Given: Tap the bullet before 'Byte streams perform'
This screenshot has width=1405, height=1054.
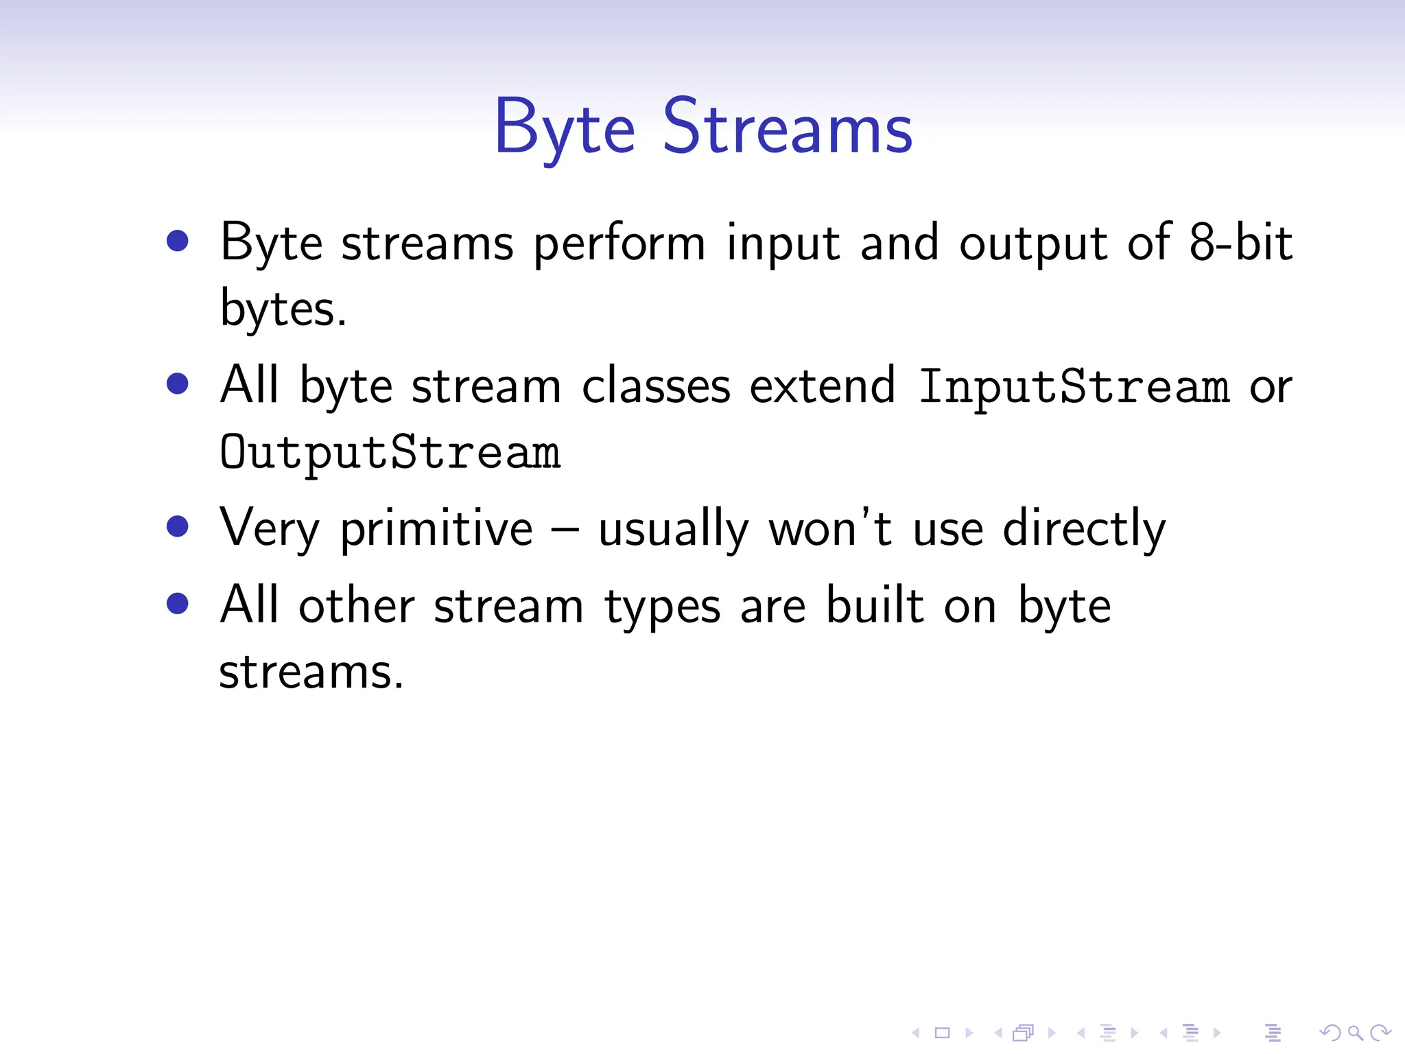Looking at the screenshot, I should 178,241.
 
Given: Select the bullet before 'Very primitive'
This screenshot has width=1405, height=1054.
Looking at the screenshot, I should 178,526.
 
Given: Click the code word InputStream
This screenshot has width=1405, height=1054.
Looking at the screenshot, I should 1074,386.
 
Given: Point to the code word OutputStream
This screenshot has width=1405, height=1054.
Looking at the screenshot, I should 390,452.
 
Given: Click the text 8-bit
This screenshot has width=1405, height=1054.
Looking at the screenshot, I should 1241,242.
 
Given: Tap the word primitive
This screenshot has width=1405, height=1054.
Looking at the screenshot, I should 436,529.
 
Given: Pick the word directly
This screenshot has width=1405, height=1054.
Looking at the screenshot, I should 1084,529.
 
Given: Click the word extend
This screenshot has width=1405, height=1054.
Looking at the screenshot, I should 822,386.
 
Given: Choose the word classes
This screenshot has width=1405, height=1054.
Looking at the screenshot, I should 656,386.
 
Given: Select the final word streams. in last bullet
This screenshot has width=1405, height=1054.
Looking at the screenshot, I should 311,672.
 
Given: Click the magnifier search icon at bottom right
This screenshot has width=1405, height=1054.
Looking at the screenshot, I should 1355,1032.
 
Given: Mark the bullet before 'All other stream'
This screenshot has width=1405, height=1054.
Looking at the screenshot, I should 178,603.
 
